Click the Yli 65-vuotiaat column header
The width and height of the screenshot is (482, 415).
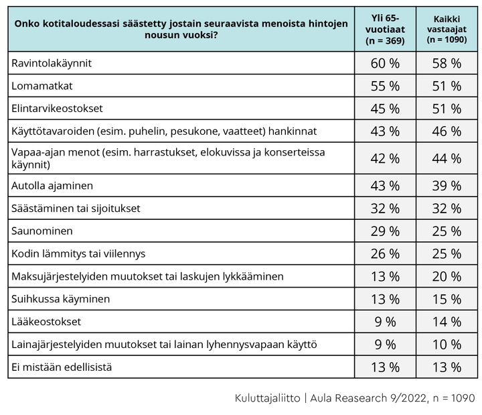[x=385, y=29]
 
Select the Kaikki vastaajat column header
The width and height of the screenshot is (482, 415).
[x=447, y=29]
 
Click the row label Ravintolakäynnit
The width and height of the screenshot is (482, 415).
[x=52, y=63]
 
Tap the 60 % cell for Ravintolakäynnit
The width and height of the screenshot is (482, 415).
[x=385, y=64]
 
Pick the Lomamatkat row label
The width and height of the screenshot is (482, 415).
[x=42, y=86]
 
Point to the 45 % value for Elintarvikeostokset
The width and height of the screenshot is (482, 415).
[x=385, y=109]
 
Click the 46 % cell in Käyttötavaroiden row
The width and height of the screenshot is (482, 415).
[x=447, y=131]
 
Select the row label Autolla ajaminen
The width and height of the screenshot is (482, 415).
[x=52, y=186]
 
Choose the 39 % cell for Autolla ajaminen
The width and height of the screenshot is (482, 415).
[x=447, y=186]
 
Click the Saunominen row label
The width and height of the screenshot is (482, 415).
[x=42, y=231]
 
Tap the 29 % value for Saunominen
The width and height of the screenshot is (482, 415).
[x=385, y=231]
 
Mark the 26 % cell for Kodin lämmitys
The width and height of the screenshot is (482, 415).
[x=385, y=254]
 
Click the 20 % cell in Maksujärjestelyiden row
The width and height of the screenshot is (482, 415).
[x=447, y=276]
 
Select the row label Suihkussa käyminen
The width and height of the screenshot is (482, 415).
[x=60, y=299]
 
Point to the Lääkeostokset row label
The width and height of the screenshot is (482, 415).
[x=46, y=322]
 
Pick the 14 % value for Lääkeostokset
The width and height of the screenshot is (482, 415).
[x=447, y=322]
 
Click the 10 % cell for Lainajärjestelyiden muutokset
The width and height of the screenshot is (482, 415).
[x=447, y=345]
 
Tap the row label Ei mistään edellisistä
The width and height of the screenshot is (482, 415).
[x=62, y=367]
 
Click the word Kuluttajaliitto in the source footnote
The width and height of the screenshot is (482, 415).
[x=267, y=398]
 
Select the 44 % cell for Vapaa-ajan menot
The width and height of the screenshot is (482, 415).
[x=447, y=158]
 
